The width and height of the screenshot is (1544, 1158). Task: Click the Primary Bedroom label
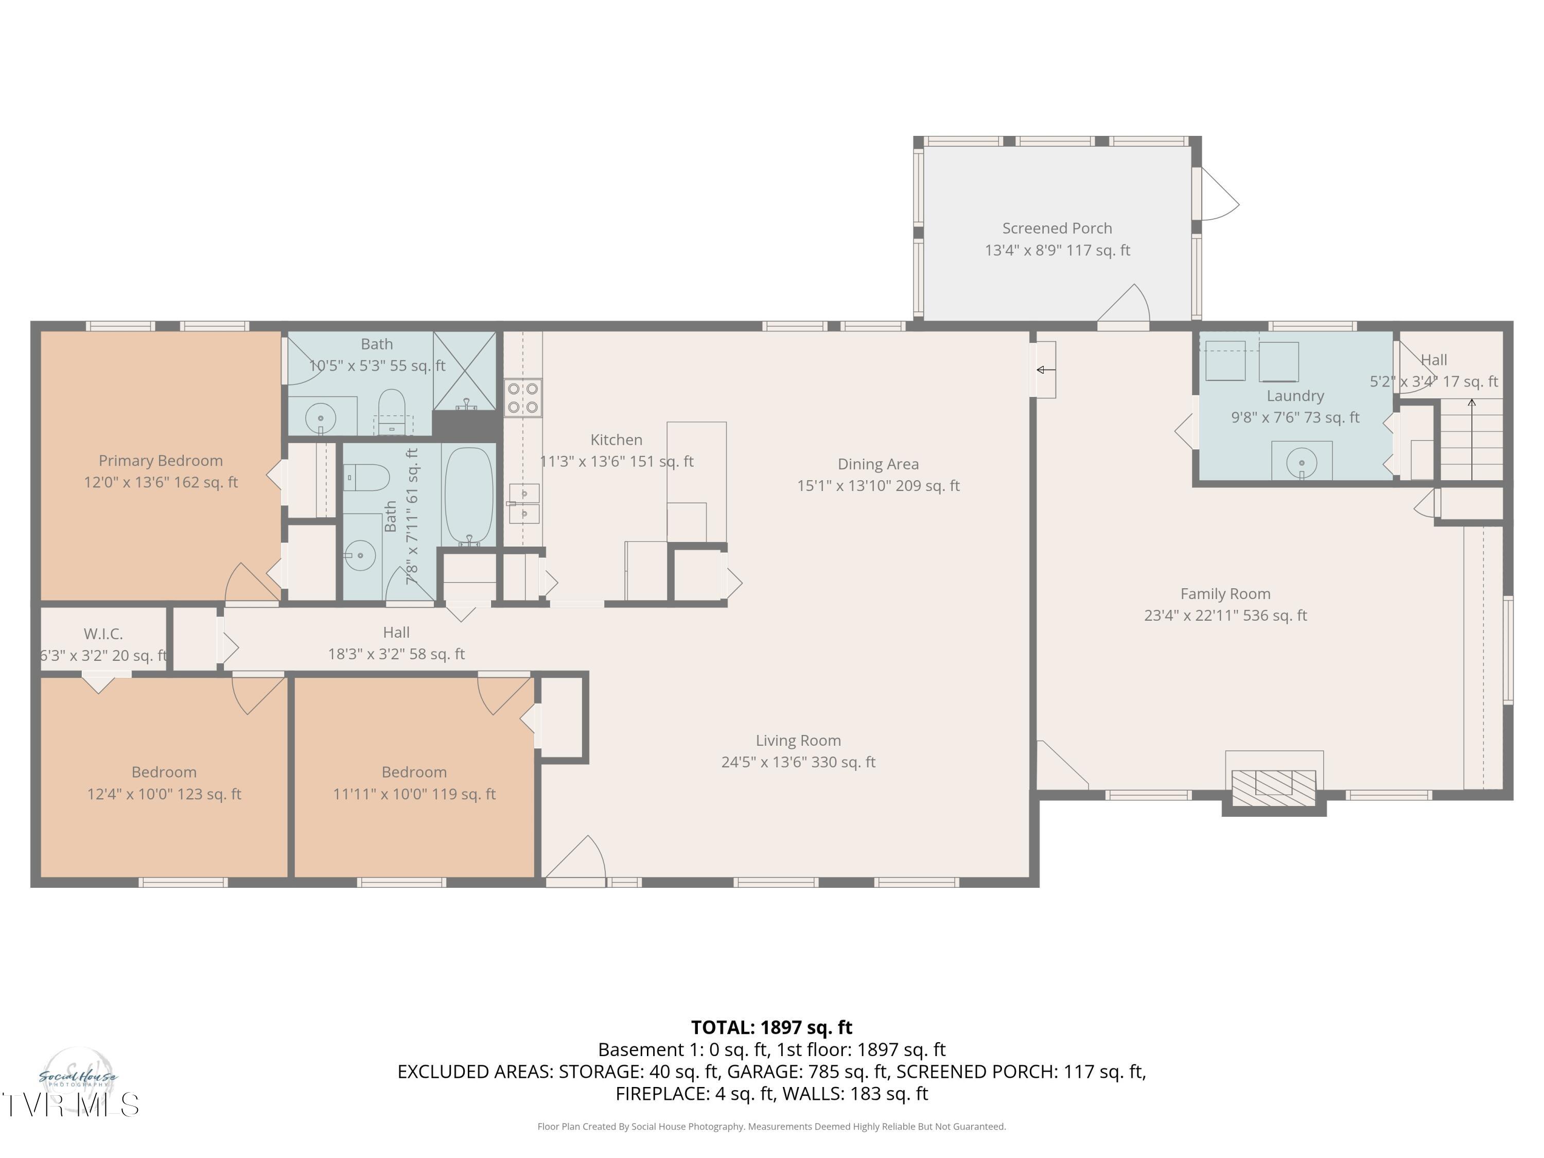click(161, 461)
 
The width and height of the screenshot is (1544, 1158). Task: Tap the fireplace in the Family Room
click(1273, 783)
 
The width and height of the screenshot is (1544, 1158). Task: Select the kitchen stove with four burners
click(523, 398)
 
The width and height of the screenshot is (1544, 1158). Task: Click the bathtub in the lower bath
click(469, 495)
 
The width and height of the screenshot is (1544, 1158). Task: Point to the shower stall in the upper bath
click(465, 370)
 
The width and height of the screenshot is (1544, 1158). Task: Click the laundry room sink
click(1301, 461)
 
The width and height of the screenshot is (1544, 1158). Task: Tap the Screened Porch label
click(1057, 228)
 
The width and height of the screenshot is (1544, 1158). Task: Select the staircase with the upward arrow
click(1471, 440)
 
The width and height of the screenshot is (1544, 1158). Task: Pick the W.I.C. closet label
click(103, 634)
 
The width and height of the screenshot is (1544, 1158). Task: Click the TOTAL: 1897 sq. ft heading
click(771, 1027)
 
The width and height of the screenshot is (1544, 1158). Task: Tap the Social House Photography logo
click(78, 1078)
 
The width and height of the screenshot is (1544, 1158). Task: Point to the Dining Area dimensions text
click(878, 486)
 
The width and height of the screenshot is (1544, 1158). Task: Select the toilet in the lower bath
click(367, 478)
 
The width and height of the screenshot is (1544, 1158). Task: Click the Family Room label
click(1225, 594)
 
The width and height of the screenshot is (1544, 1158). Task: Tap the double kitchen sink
click(523, 504)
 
